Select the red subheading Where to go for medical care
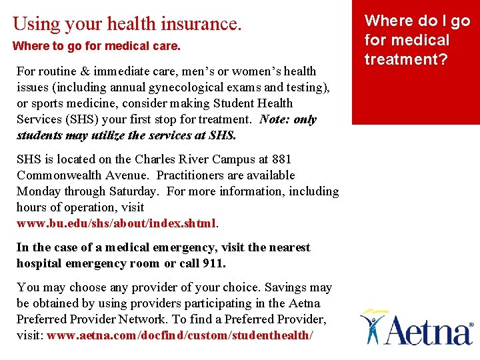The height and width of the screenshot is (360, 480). click(97, 47)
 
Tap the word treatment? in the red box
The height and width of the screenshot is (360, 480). click(406, 59)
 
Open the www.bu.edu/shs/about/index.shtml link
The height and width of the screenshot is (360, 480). click(116, 223)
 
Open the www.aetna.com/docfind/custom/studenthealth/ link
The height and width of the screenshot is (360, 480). click(179, 335)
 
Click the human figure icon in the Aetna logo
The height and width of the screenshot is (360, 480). click(374, 324)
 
